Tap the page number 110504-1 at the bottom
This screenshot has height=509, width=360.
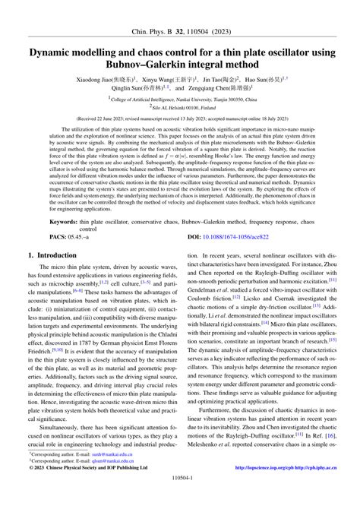180,500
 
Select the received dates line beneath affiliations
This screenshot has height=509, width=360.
180,119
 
